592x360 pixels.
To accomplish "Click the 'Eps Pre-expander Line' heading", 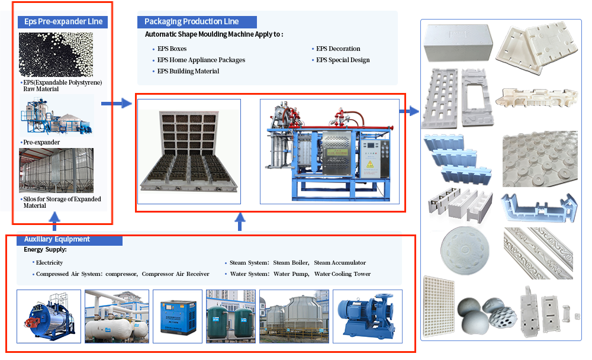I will coord(63,22).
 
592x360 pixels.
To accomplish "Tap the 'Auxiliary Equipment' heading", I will coord(57,239).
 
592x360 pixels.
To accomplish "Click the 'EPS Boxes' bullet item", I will coord(172,49).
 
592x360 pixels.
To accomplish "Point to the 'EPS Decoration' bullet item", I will coord(338,49).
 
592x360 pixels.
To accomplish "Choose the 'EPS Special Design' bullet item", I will coord(343,60).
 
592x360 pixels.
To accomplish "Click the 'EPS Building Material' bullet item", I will coord(188,71).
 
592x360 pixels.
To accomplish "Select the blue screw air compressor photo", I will coord(177,316).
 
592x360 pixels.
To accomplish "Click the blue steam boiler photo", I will coord(48,316).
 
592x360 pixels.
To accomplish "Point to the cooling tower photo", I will coord(294,316).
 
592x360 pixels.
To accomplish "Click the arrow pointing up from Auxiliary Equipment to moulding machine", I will coord(240,222).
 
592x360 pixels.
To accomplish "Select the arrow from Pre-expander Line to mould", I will coord(116,104).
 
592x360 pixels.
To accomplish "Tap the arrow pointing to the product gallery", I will coord(409,111).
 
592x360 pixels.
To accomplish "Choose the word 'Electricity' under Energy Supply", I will coord(49,262).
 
